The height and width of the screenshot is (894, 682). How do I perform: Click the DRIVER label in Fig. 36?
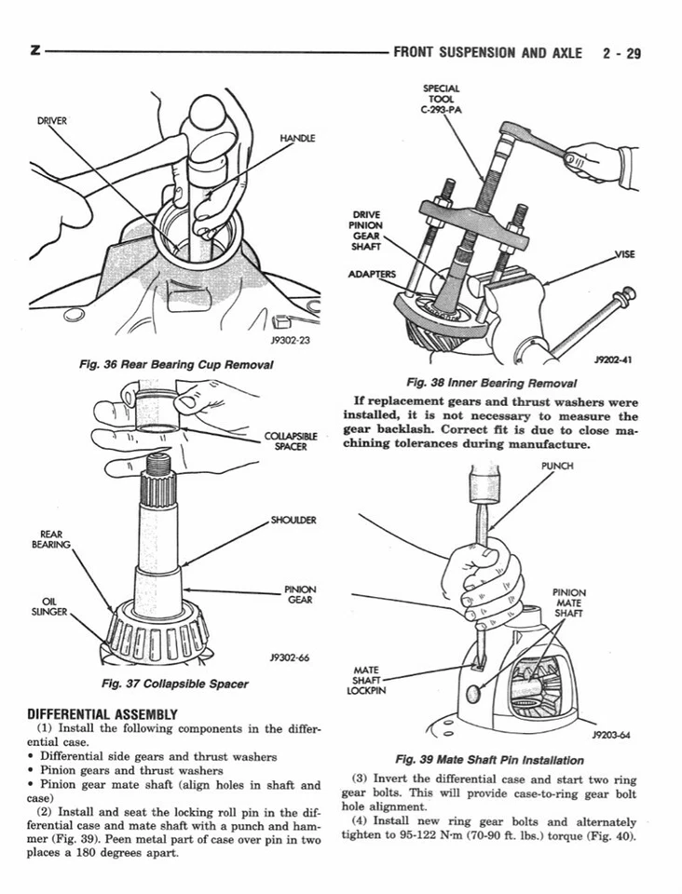click(51, 121)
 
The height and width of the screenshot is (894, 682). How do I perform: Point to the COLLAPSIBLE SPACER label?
click(292, 440)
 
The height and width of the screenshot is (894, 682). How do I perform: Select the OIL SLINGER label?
click(47, 605)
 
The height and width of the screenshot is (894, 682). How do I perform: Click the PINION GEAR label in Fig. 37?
click(300, 594)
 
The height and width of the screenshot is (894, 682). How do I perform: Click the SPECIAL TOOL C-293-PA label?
click(443, 99)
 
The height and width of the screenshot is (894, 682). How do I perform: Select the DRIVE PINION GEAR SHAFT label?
click(364, 232)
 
